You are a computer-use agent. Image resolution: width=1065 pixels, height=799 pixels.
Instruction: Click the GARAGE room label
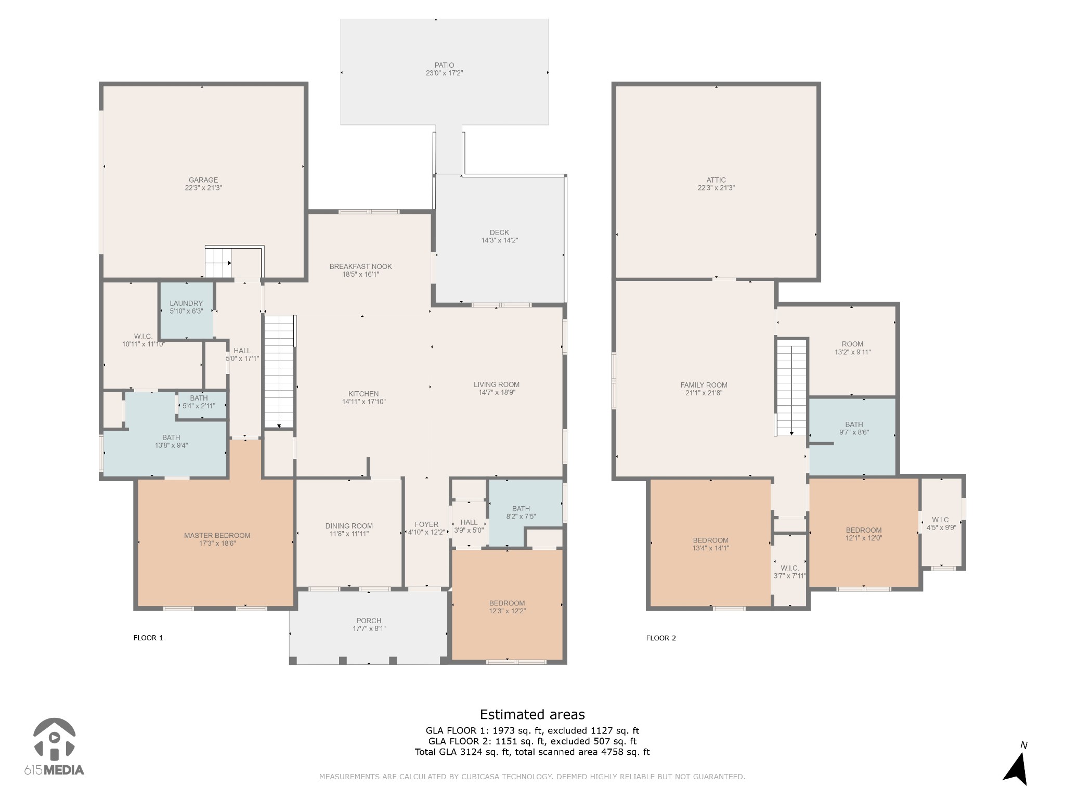point(203,180)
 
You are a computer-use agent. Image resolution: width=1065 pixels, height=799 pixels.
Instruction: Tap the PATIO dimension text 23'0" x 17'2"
point(444,73)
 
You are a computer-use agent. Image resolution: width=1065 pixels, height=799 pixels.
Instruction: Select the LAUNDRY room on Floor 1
point(186,311)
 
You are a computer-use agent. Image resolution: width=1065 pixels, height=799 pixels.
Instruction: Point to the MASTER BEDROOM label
point(217,535)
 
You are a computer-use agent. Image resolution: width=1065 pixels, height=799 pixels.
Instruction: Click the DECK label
point(499,233)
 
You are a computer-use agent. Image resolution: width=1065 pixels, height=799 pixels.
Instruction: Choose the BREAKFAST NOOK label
point(360,266)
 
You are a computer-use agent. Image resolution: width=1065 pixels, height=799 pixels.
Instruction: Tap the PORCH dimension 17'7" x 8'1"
point(369,628)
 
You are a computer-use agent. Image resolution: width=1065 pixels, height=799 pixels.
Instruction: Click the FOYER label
point(426,524)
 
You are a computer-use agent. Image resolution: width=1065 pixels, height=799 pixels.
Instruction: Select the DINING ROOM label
point(349,526)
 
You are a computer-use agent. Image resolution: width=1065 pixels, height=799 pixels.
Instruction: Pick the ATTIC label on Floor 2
point(716,180)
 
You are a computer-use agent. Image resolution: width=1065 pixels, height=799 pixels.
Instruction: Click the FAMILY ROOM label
point(704,385)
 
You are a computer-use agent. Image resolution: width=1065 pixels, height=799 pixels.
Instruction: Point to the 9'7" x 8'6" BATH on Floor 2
point(854,428)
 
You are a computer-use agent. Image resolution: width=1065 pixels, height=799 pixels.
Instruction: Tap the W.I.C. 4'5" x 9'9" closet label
point(941,523)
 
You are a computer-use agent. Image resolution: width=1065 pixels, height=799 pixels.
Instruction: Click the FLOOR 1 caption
point(148,638)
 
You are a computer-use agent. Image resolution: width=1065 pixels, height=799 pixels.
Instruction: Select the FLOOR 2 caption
point(661,638)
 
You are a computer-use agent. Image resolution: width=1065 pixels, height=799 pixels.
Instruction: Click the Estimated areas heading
point(532,714)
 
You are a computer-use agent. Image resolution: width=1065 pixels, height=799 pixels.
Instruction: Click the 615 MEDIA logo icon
point(54,739)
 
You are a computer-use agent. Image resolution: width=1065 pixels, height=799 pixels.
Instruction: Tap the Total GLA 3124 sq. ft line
point(532,752)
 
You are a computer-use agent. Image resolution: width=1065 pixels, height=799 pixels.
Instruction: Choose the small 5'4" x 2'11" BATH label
point(199,402)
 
